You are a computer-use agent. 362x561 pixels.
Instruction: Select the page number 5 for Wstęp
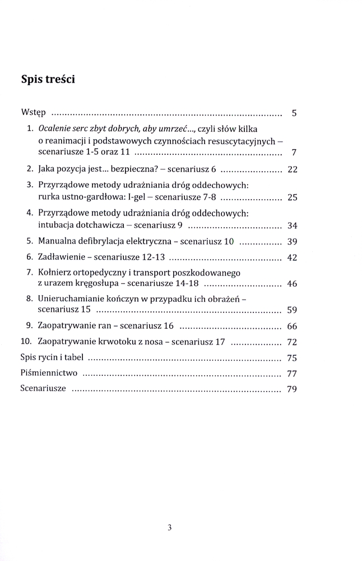pyautogui.click(x=294, y=113)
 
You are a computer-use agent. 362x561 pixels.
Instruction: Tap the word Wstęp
pyautogui.click(x=34, y=113)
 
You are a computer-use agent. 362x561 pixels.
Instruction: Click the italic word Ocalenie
pyautogui.click(x=56, y=128)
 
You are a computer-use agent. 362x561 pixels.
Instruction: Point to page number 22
pyautogui.click(x=291, y=169)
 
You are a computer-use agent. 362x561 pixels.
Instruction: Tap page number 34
pyautogui.click(x=291, y=226)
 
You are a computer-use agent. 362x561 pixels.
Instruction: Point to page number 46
pyautogui.click(x=291, y=284)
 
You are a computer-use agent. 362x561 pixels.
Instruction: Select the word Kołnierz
pyautogui.click(x=56, y=273)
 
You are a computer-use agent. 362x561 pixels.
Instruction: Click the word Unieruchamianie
pyautogui.click(x=73, y=298)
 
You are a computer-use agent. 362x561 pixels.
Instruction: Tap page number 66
pyautogui.click(x=291, y=326)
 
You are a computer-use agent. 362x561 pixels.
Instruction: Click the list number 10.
pyautogui.click(x=25, y=342)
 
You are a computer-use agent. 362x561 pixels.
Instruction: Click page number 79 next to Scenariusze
pyautogui.click(x=291, y=389)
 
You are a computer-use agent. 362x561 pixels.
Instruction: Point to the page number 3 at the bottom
pyautogui.click(x=169, y=527)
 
